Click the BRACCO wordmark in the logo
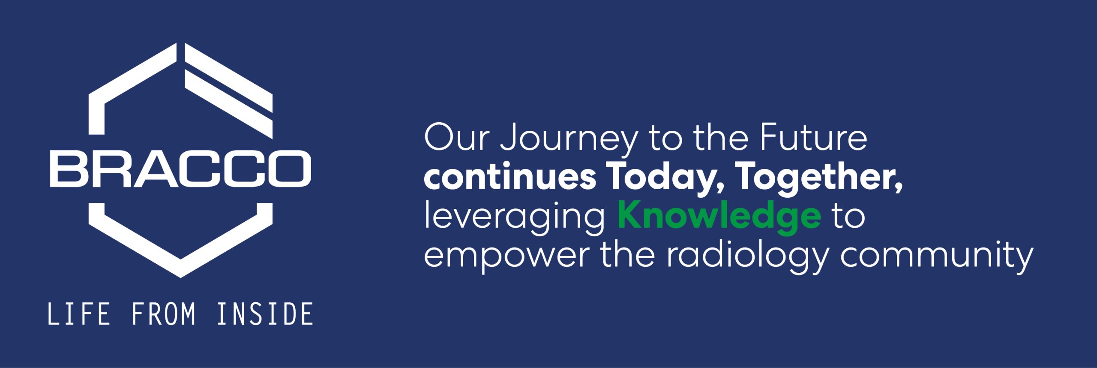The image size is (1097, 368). [x=180, y=169]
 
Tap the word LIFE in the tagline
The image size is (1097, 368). [x=78, y=314]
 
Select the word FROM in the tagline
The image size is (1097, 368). [x=163, y=314]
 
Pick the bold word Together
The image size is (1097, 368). [x=819, y=179]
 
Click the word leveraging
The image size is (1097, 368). [x=514, y=218]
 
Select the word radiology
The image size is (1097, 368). [x=747, y=256]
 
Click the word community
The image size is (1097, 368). [x=937, y=256]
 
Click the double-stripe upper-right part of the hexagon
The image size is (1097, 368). [x=228, y=90]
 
